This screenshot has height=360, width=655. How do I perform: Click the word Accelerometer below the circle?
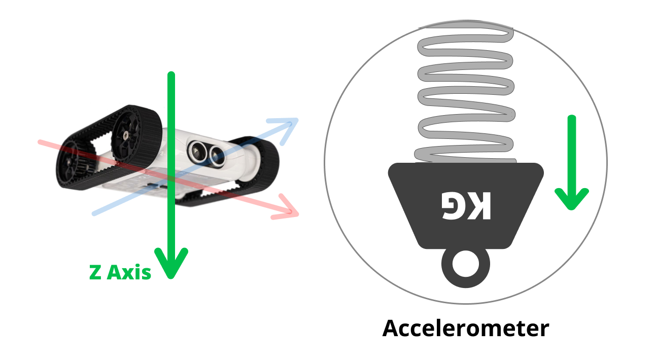pyautogui.click(x=465, y=329)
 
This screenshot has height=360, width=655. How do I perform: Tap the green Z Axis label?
pyautogui.click(x=120, y=272)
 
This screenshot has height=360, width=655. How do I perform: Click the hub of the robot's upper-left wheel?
pyautogui.click(x=124, y=134)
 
